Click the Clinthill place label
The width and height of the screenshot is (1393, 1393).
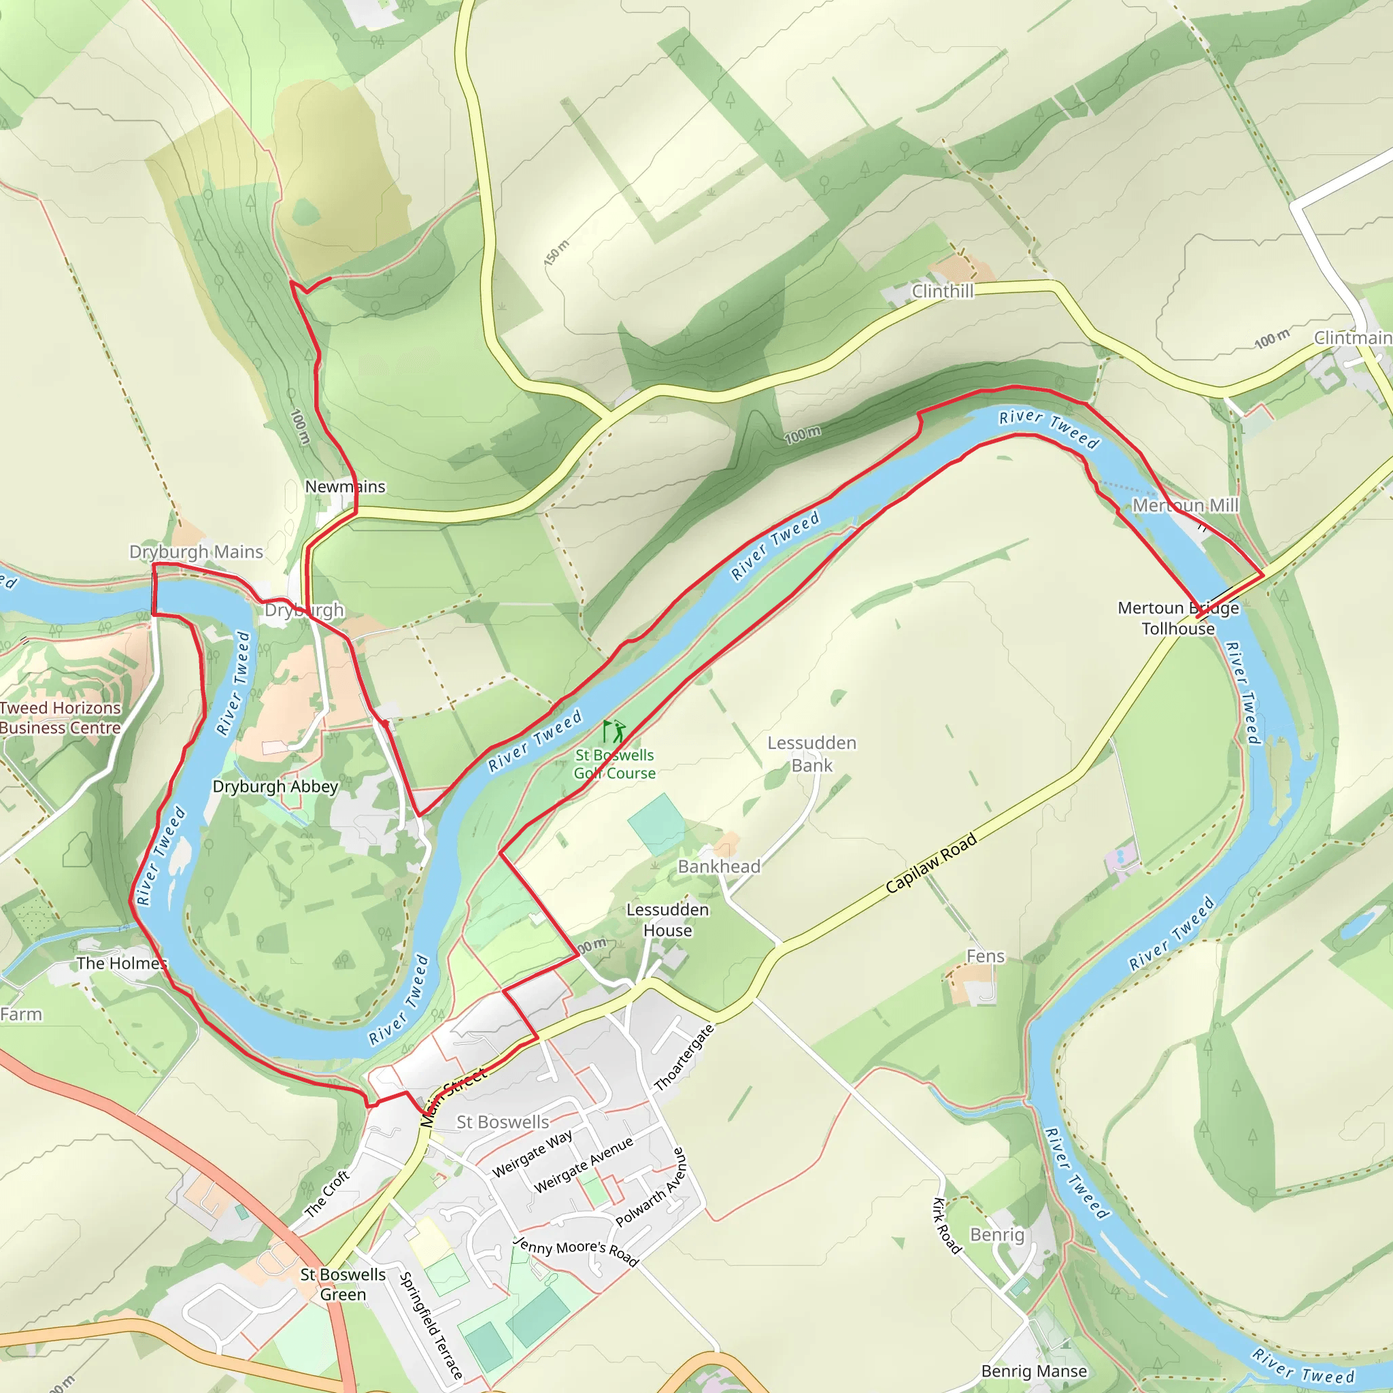click(942, 291)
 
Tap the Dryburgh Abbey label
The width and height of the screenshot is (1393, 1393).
click(275, 787)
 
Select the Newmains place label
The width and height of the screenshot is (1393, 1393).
click(346, 487)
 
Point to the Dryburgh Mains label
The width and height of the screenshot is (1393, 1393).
click(196, 552)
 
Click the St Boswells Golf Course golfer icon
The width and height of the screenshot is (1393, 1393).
click(614, 732)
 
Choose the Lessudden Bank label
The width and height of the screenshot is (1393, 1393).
click(812, 754)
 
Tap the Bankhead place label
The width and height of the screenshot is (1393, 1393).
click(719, 867)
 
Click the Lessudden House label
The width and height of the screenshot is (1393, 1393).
click(668, 920)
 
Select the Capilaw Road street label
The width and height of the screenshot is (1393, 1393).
click(931, 863)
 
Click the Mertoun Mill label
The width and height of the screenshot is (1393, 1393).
click(1186, 505)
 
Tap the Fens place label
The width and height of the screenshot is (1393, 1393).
click(985, 956)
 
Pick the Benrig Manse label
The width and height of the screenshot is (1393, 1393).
click(1034, 1371)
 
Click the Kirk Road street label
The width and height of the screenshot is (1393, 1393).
click(947, 1226)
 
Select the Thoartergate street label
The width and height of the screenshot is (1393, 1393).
click(684, 1058)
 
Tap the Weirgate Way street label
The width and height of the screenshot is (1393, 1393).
click(532, 1154)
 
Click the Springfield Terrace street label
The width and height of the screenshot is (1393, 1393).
click(431, 1325)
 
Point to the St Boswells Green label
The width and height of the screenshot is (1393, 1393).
click(343, 1284)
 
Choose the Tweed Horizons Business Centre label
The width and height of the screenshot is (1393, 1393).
click(60, 718)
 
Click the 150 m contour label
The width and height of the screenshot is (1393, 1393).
click(556, 252)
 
